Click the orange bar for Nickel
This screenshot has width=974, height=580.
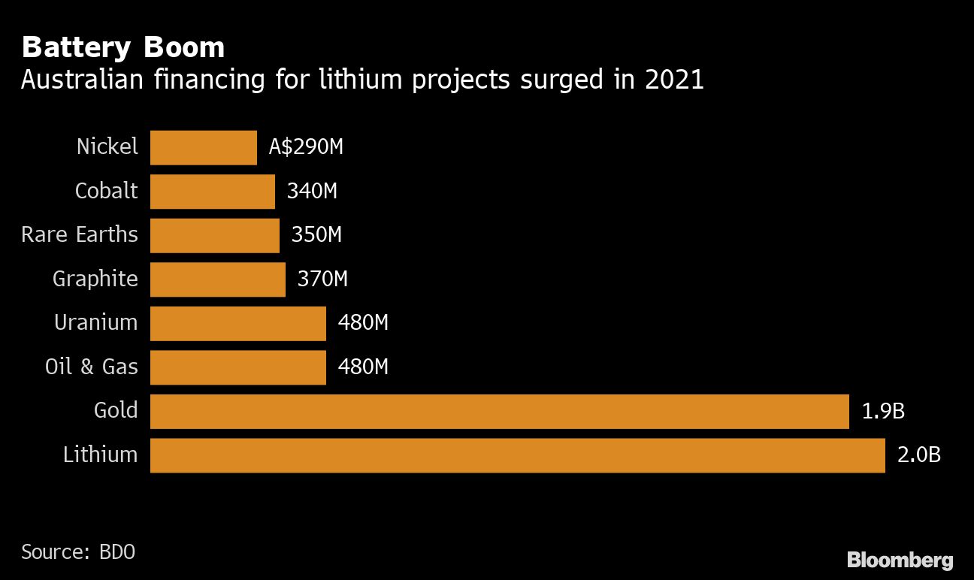pos(204,147)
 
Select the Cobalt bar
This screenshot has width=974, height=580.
pos(213,191)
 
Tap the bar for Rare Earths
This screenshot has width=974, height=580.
pos(215,235)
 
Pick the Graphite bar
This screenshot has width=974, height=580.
pos(218,279)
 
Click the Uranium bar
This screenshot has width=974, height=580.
pos(238,323)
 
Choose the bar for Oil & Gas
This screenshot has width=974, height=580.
pos(238,367)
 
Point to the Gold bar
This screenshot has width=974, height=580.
pos(499,411)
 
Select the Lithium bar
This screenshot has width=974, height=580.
pos(517,455)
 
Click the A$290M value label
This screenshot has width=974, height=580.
pos(306,147)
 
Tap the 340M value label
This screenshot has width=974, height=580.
pos(312,191)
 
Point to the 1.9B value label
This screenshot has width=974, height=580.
pos(882,411)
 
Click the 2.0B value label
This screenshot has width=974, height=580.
pos(918,455)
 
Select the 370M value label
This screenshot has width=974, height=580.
pos(322,279)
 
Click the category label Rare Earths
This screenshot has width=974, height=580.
pos(80,234)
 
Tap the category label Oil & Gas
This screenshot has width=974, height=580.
pos(92,367)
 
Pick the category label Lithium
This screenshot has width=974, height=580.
pos(101,455)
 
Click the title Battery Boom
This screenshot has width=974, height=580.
pos(123,47)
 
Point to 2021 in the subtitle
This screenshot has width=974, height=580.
pos(674,80)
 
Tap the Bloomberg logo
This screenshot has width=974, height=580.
pos(900,560)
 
